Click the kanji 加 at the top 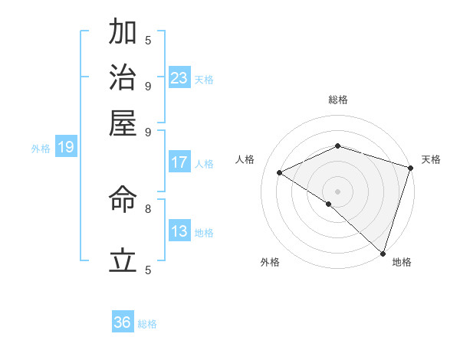[x=123, y=33]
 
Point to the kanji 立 [x=123, y=261]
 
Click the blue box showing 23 [x=179, y=77]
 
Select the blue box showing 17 [x=179, y=162]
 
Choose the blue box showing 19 [x=66, y=147]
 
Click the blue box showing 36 [x=123, y=322]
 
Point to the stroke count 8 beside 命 [x=148, y=208]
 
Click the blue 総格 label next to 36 [x=147, y=324]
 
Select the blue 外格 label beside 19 [x=41, y=149]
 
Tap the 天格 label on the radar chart [x=431, y=159]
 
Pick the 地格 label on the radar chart [x=402, y=262]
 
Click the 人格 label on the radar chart [x=245, y=159]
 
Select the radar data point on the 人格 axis [x=280, y=172]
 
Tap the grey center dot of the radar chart [x=337, y=191]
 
